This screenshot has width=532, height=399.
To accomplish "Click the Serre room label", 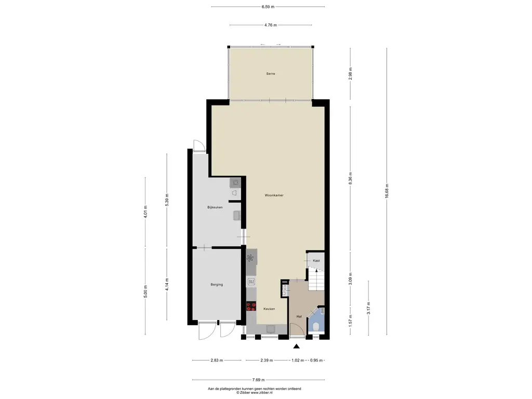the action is [270, 74].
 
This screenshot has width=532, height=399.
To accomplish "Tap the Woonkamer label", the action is [274, 195].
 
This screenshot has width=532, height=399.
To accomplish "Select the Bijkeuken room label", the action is [215, 207].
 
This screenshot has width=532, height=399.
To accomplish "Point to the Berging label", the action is [217, 285].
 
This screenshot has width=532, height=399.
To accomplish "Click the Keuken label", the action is [270, 309].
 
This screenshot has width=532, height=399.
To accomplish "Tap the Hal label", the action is [299, 316].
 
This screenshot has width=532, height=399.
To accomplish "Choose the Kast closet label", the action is [316, 261].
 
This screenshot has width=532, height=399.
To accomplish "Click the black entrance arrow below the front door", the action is [297, 346].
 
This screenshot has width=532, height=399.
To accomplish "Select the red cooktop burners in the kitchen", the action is [251, 307].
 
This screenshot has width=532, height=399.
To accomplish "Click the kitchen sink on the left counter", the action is [251, 282].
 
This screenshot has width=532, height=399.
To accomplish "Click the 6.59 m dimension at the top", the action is [268, 6].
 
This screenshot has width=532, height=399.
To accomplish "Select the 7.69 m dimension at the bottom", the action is [259, 380].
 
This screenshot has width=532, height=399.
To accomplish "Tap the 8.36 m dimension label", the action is [351, 179].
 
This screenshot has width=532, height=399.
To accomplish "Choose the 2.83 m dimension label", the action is [217, 361].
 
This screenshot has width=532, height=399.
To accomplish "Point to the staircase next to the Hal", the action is [316, 279].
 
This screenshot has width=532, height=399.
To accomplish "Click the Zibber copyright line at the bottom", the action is [255, 393].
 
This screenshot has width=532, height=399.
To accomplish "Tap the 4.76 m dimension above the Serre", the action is [270, 25].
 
